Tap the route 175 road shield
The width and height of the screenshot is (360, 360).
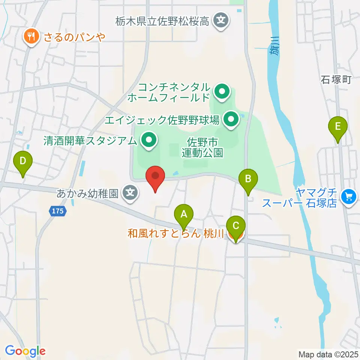pyautogui.click(x=58, y=211)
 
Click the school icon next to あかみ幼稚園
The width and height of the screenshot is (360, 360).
pyautogui.click(x=130, y=193)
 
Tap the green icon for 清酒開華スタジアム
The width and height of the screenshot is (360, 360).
pyautogui.click(x=149, y=141)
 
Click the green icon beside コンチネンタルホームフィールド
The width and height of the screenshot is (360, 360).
pyautogui.click(x=222, y=91)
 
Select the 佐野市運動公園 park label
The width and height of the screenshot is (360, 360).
pyautogui.click(x=202, y=147)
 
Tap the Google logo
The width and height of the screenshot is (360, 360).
pyautogui.click(x=25, y=351)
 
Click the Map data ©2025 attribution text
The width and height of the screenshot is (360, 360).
pyautogui.click(x=328, y=354)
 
